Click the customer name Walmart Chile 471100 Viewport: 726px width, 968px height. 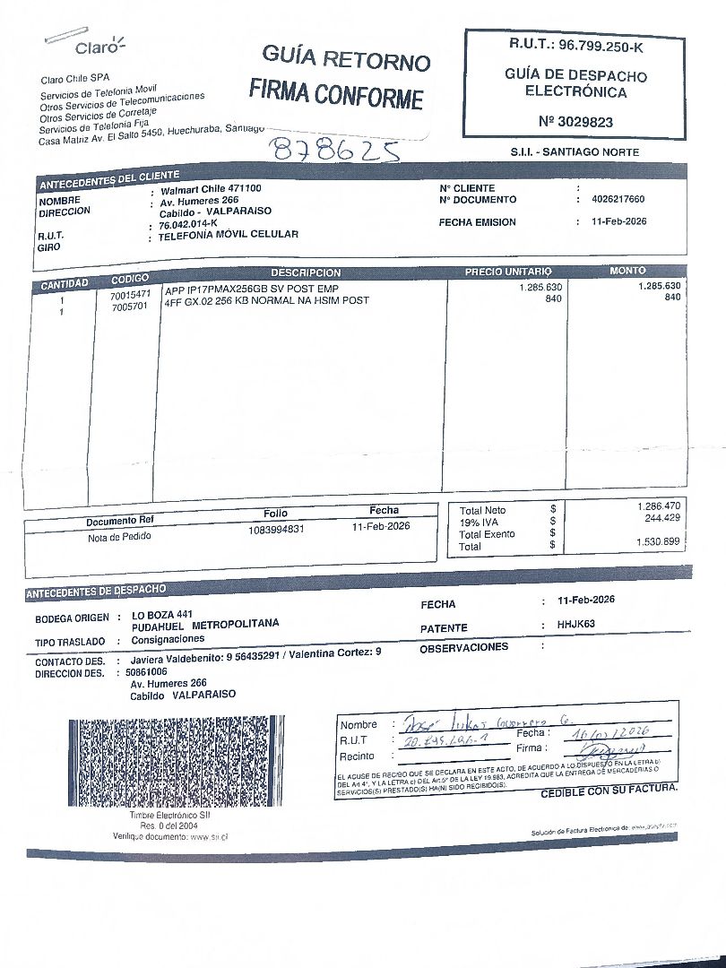click(211, 189)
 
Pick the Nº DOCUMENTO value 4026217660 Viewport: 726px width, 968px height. click(612, 200)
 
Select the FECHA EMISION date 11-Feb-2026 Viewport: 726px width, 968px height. click(613, 221)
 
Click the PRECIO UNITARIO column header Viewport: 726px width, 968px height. click(508, 272)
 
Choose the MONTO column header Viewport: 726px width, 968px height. click(627, 270)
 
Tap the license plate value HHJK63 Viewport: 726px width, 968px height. click(576, 624)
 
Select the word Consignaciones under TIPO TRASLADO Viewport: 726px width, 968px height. click(168, 639)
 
